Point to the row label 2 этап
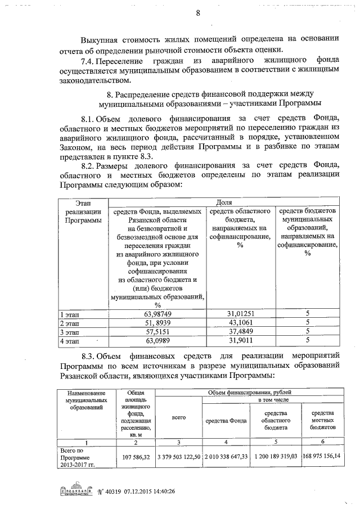click(70, 323)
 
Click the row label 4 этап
click(70, 340)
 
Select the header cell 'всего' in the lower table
click(178, 419)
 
